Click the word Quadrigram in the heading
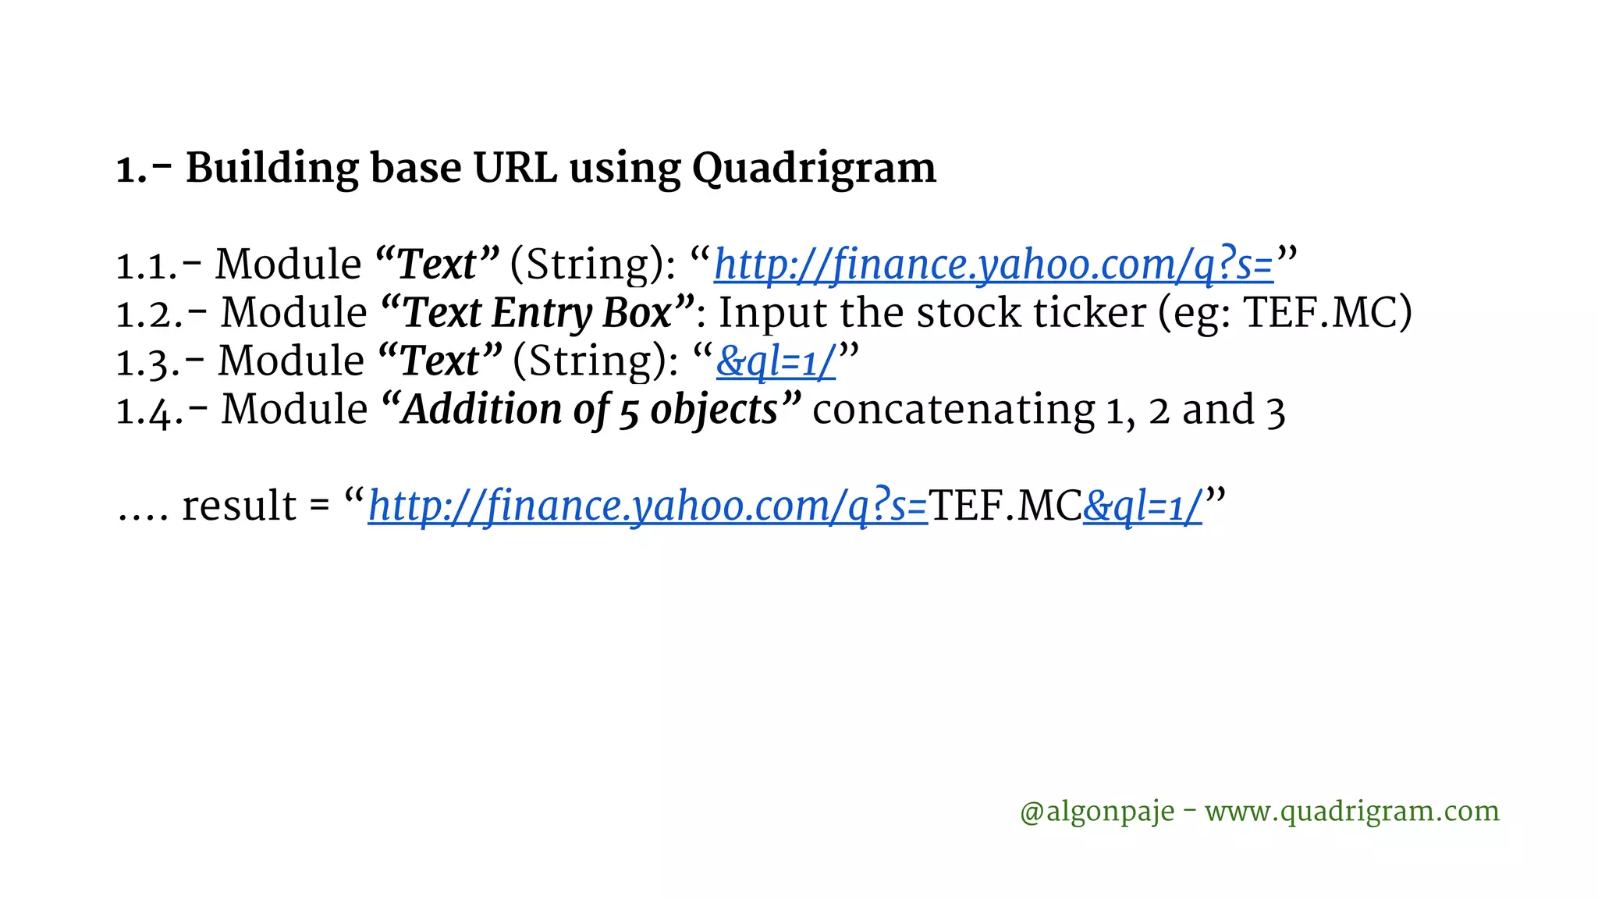point(814,169)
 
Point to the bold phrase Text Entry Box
point(538,314)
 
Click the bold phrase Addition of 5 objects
point(591,410)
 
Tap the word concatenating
point(953,410)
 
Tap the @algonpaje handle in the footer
point(1096,812)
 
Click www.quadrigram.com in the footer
point(1351,812)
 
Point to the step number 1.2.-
point(162,314)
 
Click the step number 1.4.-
point(162,410)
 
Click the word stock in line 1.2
point(968,314)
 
